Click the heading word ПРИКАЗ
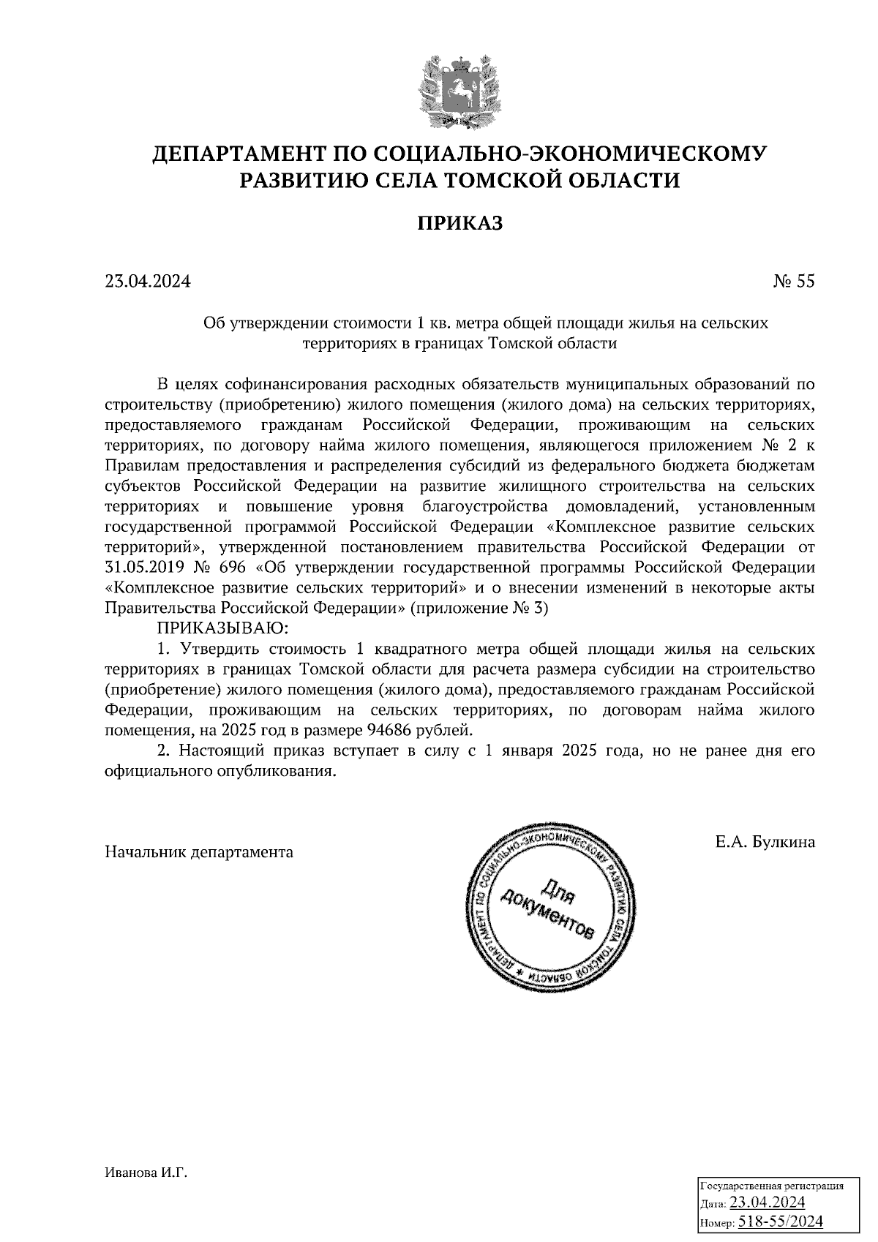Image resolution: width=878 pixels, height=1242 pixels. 460,224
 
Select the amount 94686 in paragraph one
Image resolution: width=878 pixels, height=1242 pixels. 390,730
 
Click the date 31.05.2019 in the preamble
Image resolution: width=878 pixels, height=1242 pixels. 144,568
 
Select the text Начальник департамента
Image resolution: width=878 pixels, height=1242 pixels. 199,852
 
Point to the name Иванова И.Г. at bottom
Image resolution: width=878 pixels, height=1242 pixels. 146,1173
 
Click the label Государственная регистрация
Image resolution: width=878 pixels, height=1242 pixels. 773,1186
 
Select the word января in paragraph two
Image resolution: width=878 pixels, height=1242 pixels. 526,751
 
